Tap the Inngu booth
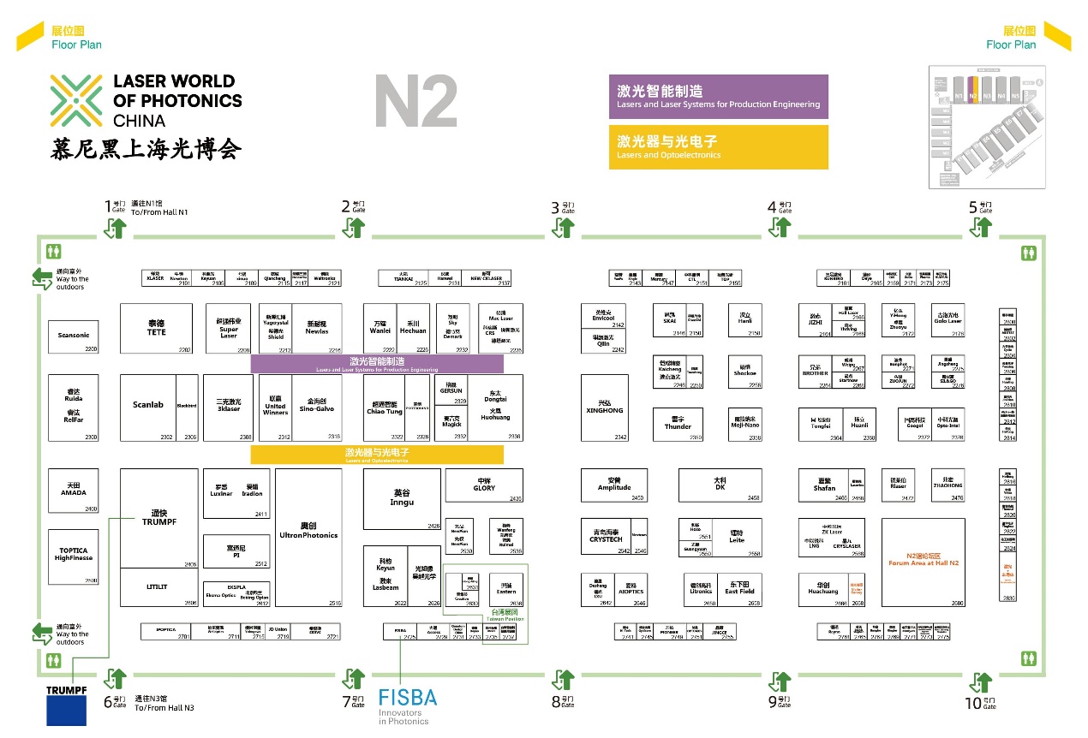click(402, 498)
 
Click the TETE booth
click(156, 328)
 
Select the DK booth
click(720, 485)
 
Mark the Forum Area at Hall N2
click(923, 562)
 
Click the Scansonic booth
click(73, 336)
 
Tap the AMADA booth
click(73, 491)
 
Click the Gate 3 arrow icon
click(564, 227)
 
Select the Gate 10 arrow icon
click(980, 682)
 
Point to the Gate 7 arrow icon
click(354, 680)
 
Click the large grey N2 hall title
click(415, 102)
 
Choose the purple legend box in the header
click(718, 96)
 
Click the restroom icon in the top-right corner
click(1028, 253)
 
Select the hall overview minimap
click(987, 127)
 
